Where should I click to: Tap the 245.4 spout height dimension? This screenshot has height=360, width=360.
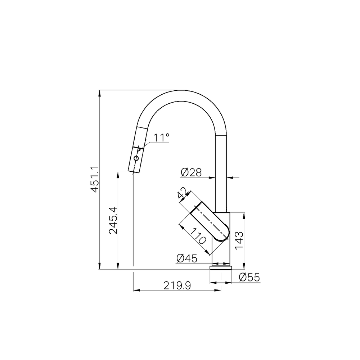click(x=113, y=220)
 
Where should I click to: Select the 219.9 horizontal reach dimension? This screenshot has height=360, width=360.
click(x=177, y=285)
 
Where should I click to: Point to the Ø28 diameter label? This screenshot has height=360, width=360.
click(x=191, y=172)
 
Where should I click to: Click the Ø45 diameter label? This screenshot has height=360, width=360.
click(x=187, y=258)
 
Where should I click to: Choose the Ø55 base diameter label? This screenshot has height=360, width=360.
click(x=249, y=277)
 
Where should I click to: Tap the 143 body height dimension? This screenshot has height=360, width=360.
click(x=239, y=240)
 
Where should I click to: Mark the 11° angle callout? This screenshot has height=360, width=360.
click(x=161, y=138)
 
